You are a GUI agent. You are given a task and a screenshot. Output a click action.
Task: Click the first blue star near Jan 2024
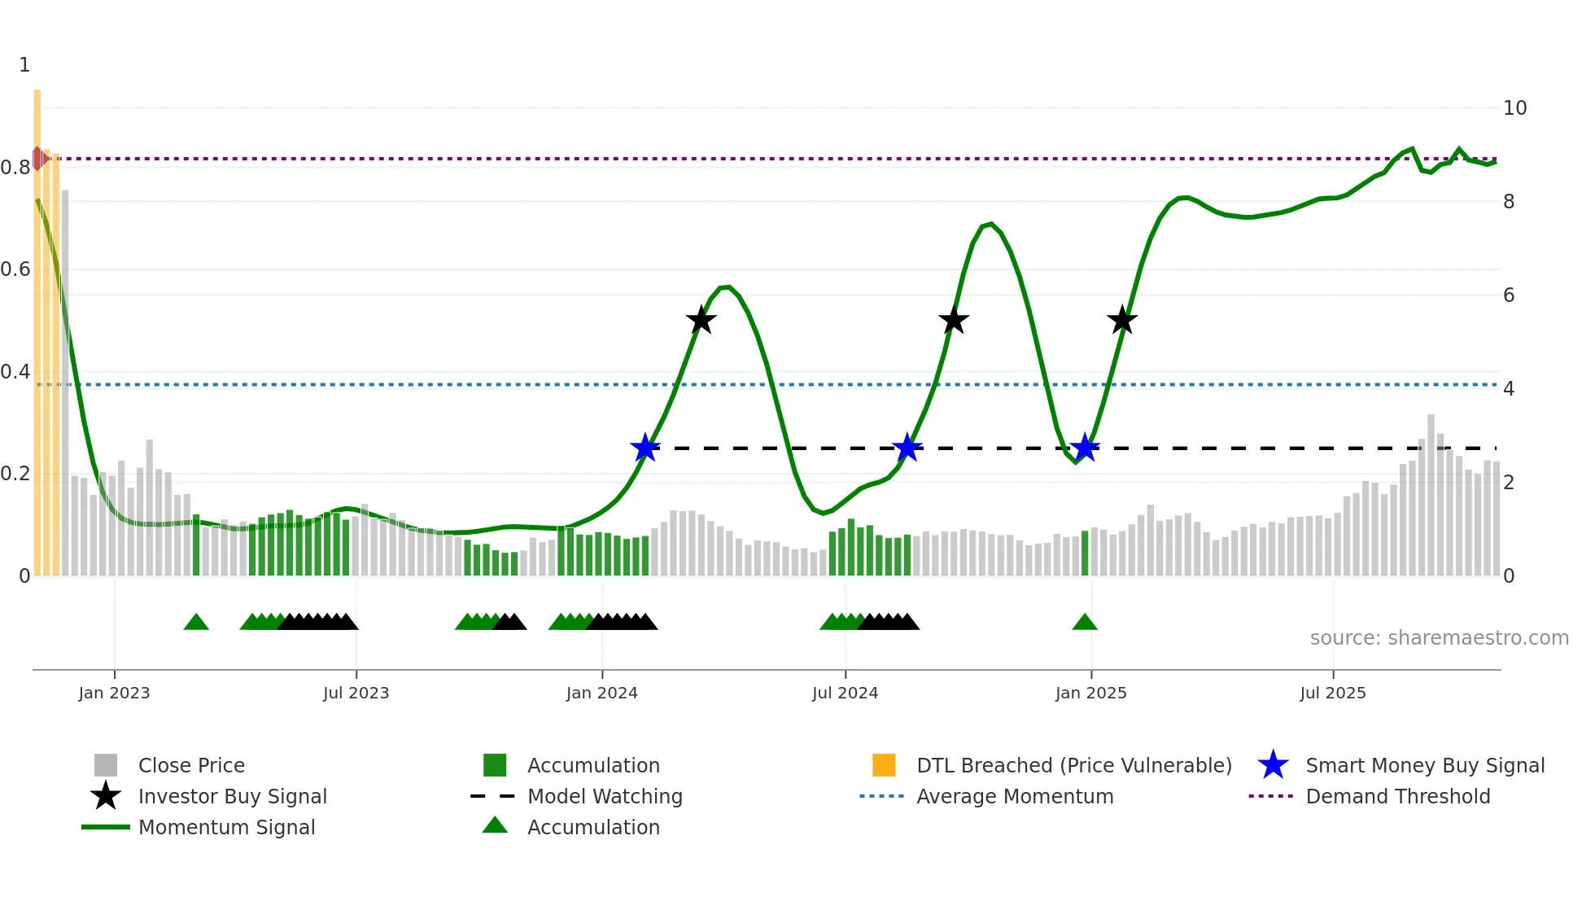point(645,448)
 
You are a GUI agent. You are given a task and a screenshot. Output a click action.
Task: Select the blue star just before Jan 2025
point(1084,448)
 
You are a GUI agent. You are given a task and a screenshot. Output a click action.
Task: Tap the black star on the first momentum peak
point(701,320)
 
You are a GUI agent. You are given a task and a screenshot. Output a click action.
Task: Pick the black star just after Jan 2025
point(1121,320)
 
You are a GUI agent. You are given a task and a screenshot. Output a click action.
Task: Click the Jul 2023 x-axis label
point(356,693)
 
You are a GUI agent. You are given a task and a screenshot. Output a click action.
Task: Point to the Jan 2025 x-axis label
point(1090,693)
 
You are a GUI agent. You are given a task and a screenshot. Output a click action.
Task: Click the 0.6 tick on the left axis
point(16,269)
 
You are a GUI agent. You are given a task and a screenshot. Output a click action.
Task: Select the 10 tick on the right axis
point(1514,108)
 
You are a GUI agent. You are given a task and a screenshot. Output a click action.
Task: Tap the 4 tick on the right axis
point(1508,389)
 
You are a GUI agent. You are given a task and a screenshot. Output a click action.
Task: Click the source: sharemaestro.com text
point(1439,638)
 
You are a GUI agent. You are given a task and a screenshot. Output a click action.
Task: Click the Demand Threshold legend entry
point(1397,797)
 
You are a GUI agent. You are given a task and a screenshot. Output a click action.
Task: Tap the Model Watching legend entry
point(605,797)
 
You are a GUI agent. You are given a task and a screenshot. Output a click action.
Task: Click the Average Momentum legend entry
point(1014,797)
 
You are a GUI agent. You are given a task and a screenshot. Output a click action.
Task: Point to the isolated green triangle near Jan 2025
point(1085,623)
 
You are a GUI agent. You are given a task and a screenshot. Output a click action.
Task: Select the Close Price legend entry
point(190,766)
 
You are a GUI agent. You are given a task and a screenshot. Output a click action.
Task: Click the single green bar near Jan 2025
point(1085,554)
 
